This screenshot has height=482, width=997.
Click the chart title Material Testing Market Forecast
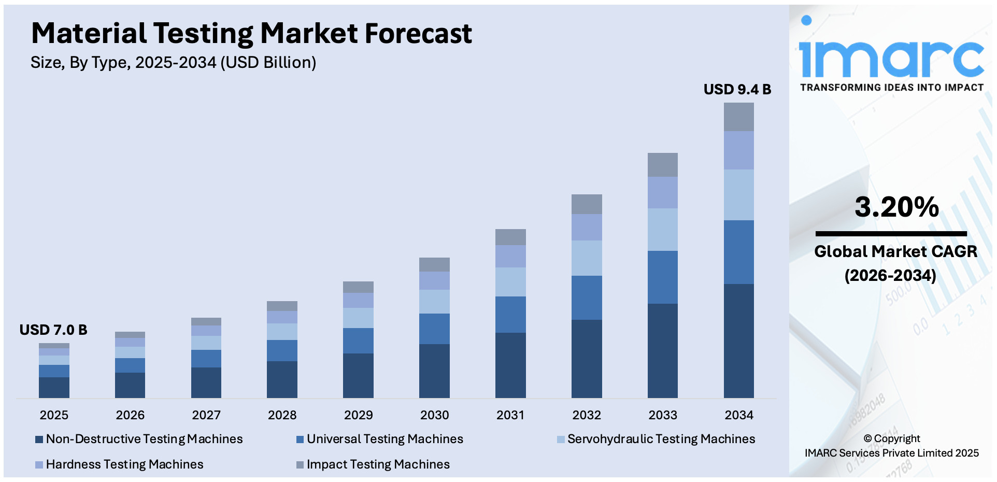(x=251, y=33)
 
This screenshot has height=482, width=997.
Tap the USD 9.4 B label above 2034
(x=737, y=89)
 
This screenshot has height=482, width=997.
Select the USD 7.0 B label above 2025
(x=53, y=330)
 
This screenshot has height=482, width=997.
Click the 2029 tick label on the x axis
(x=358, y=415)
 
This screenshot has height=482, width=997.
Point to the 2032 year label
(x=587, y=415)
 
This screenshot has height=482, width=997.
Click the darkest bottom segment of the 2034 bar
(x=738, y=341)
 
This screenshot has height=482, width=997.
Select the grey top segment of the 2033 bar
(x=662, y=165)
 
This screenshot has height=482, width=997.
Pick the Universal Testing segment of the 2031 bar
(x=510, y=314)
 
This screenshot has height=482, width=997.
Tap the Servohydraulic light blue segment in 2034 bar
(x=738, y=195)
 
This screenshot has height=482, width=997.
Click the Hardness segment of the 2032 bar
(x=587, y=227)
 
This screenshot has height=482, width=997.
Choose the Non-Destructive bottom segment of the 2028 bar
(x=282, y=379)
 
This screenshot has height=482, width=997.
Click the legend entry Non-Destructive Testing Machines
(x=139, y=439)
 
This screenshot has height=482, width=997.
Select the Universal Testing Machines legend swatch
(x=300, y=440)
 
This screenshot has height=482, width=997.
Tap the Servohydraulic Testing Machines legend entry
(x=656, y=439)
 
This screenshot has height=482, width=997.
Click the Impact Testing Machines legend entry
(x=373, y=464)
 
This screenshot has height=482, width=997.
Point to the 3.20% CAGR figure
(x=896, y=207)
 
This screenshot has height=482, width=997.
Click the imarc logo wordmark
(x=891, y=57)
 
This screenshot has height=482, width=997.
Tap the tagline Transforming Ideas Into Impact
(x=891, y=88)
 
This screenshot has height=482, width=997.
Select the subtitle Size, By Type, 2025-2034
(x=173, y=63)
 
